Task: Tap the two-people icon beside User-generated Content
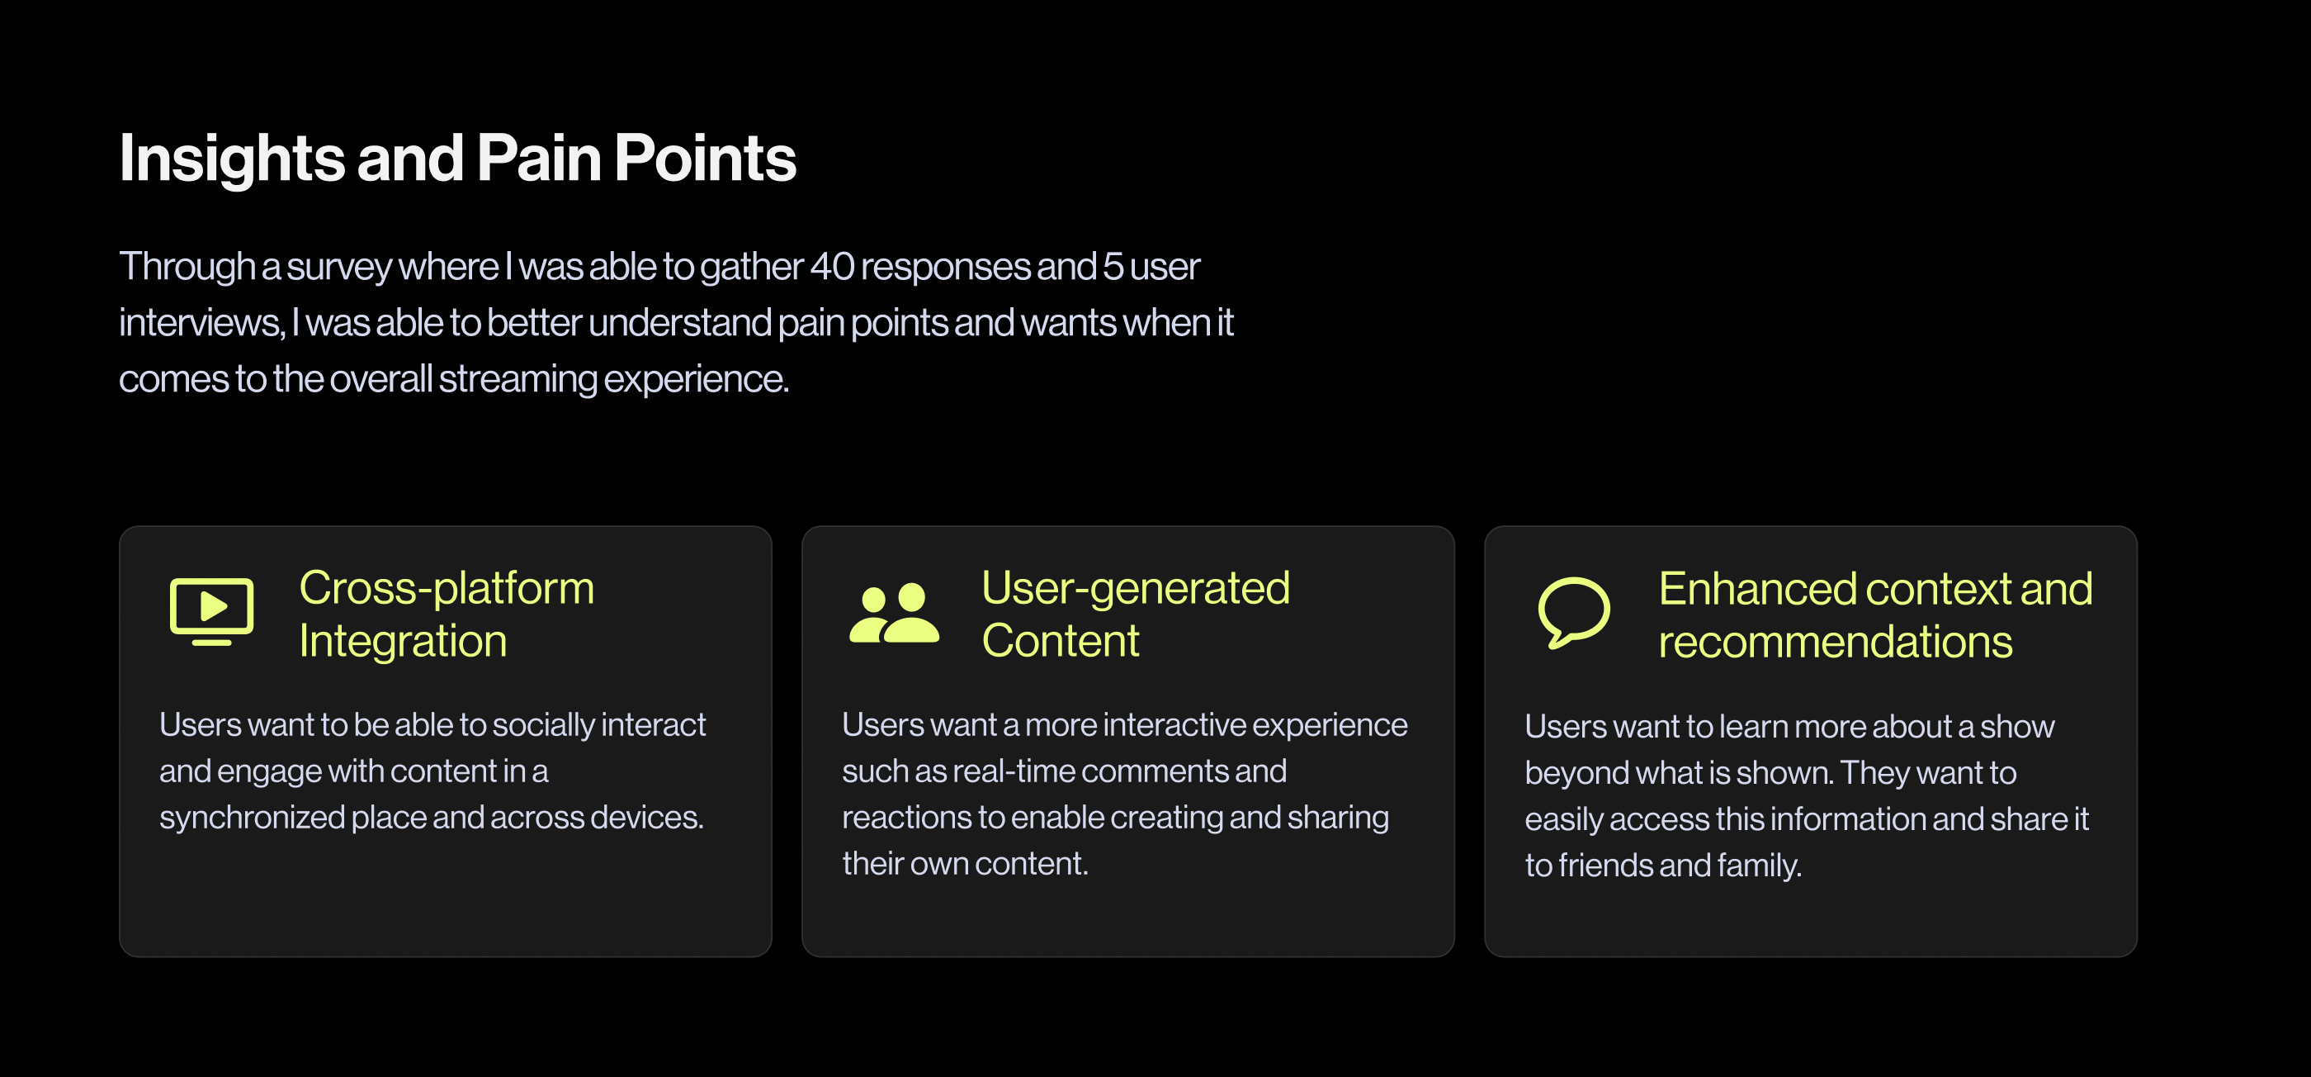(x=895, y=613)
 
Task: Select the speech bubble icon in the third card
(x=1574, y=612)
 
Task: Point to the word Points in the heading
(x=705, y=158)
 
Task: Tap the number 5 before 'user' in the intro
(x=1113, y=267)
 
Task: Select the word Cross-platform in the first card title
(x=447, y=589)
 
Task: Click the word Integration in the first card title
(x=403, y=642)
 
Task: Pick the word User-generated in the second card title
(x=1136, y=589)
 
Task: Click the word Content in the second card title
(x=1061, y=641)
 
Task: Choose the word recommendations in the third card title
(x=1836, y=642)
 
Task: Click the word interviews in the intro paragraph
(x=201, y=322)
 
